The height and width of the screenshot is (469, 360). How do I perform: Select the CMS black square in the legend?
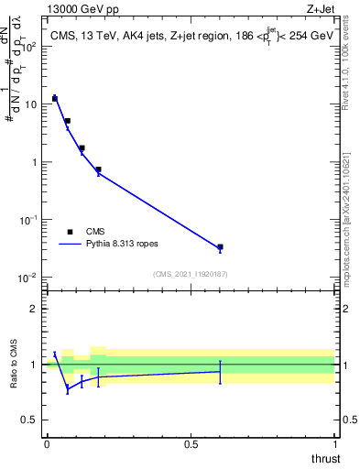pyautogui.click(x=70, y=232)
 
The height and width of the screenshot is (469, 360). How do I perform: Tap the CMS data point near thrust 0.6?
pyautogui.click(x=220, y=247)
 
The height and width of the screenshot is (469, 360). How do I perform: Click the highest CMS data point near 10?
pyautogui.click(x=55, y=98)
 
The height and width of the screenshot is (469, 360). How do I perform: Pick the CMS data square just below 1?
pyautogui.click(x=98, y=169)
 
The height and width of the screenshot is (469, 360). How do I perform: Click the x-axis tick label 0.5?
pyautogui.click(x=191, y=443)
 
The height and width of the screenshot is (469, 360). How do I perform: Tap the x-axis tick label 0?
pyautogui.click(x=47, y=443)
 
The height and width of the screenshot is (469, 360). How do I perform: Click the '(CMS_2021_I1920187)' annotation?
pyautogui.click(x=191, y=274)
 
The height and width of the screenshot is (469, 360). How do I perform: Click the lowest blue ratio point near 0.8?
pyautogui.click(x=67, y=389)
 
